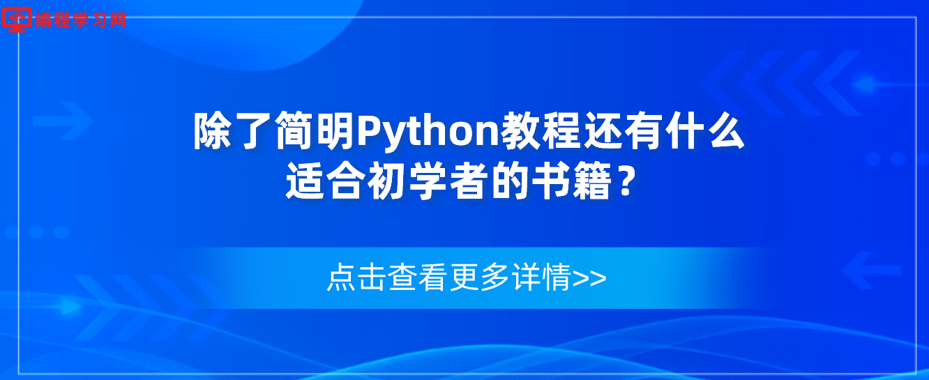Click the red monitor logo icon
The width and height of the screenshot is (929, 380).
[17, 20]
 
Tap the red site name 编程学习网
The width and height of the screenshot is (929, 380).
[81, 20]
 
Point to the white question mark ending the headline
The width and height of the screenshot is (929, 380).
[626, 181]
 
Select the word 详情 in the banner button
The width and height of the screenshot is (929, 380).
[542, 277]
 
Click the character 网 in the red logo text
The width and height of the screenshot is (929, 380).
[118, 20]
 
